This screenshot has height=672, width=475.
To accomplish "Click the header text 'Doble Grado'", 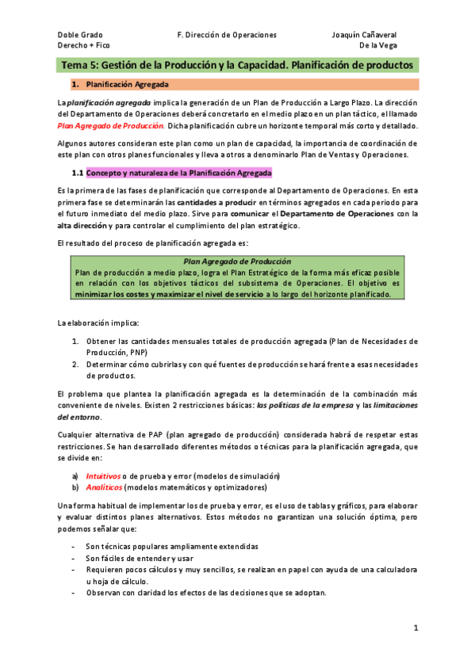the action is pos(80,35).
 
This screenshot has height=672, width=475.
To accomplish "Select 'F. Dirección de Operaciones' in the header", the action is pos(227,35).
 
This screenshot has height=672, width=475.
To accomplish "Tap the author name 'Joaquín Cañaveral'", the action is pos(364,35).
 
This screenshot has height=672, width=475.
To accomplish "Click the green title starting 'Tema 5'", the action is pos(237,64).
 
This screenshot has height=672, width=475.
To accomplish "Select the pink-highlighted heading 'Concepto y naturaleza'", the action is pos(178,172).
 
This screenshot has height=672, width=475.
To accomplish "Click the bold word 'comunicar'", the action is pos(249,214).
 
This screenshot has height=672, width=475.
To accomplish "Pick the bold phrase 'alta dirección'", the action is pos(85,226).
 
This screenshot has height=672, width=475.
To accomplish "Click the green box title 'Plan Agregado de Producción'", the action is pos(236,261).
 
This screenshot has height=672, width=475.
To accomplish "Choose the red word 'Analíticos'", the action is pos(103,487).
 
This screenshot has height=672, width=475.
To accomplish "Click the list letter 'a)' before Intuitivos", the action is pos(75,475).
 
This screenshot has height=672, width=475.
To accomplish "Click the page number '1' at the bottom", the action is pos(415,628).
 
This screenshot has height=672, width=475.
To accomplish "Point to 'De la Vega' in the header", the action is pos(378,46).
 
